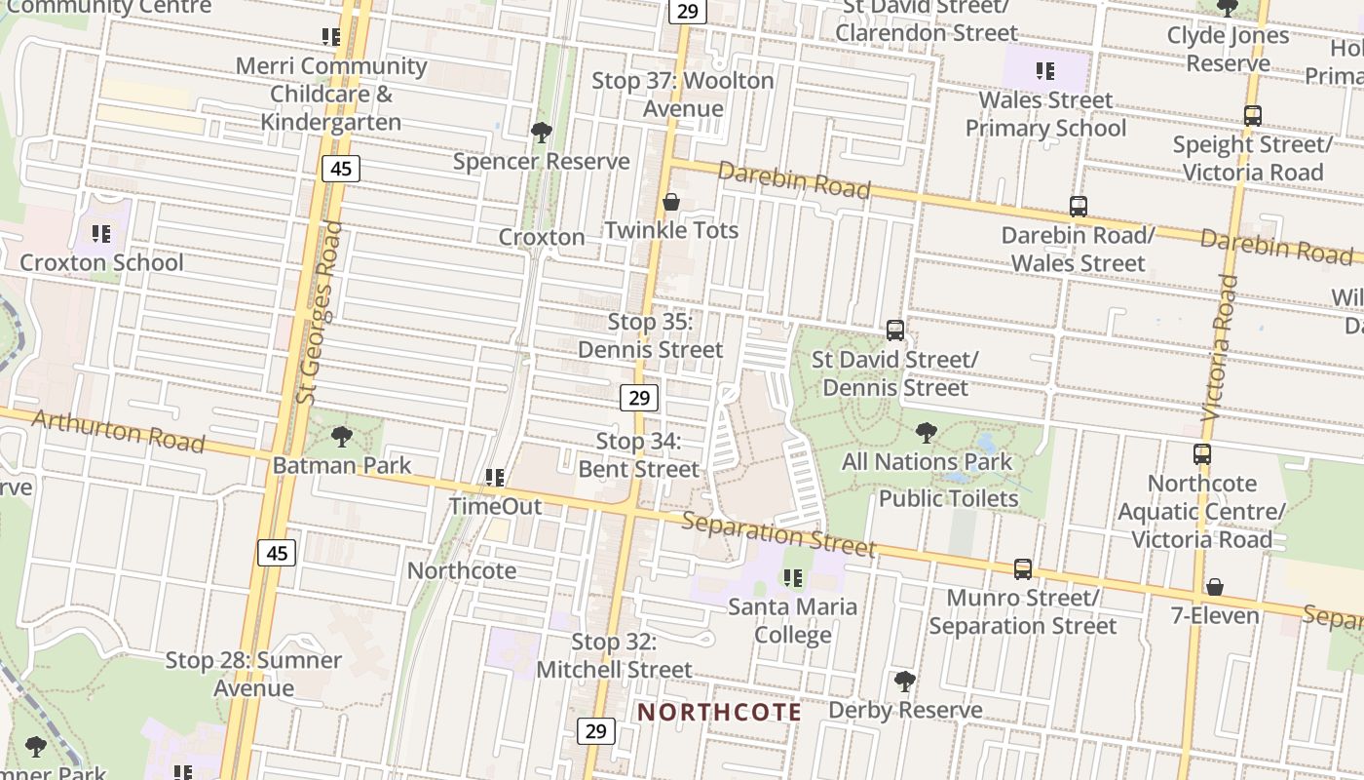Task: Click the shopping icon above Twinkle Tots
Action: pyautogui.click(x=671, y=202)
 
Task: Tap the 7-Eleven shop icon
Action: pyautogui.click(x=1215, y=587)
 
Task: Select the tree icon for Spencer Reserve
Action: pyautogui.click(x=541, y=132)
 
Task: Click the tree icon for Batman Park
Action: pyautogui.click(x=341, y=436)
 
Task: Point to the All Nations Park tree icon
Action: pyautogui.click(x=927, y=432)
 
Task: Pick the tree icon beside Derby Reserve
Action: pyautogui.click(x=904, y=681)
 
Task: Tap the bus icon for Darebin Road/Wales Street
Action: pyautogui.click(x=1078, y=206)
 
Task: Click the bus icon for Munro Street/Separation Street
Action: pyautogui.click(x=1022, y=568)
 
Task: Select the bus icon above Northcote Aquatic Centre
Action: pyautogui.click(x=1202, y=454)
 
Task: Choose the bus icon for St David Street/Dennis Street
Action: pyautogui.click(x=895, y=331)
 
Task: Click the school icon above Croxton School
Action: pyautogui.click(x=101, y=234)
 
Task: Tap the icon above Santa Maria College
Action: pyautogui.click(x=793, y=578)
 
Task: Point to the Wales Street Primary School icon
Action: pyautogui.click(x=1045, y=71)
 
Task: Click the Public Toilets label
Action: pyautogui.click(x=948, y=498)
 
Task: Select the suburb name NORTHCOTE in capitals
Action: pyautogui.click(x=720, y=712)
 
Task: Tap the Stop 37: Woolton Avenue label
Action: pyautogui.click(x=683, y=95)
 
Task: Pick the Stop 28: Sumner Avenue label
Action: pyautogui.click(x=253, y=674)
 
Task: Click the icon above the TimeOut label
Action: pyautogui.click(x=495, y=478)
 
